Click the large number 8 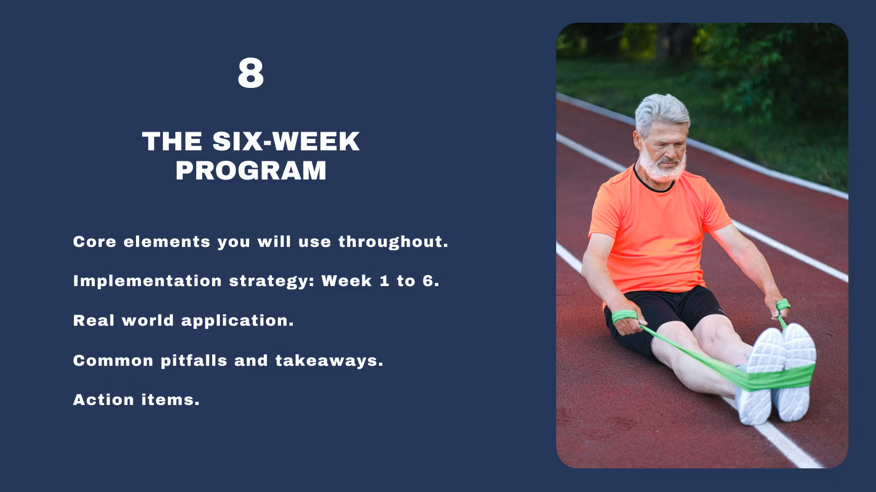250,73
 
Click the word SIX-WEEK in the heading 286,141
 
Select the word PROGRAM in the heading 251,171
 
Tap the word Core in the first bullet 94,241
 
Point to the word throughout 393,242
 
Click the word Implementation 147,281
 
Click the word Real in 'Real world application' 94,320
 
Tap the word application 238,321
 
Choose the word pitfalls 194,360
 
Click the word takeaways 329,361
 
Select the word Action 104,400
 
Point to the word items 171,400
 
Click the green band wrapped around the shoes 776,377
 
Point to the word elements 167,241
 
